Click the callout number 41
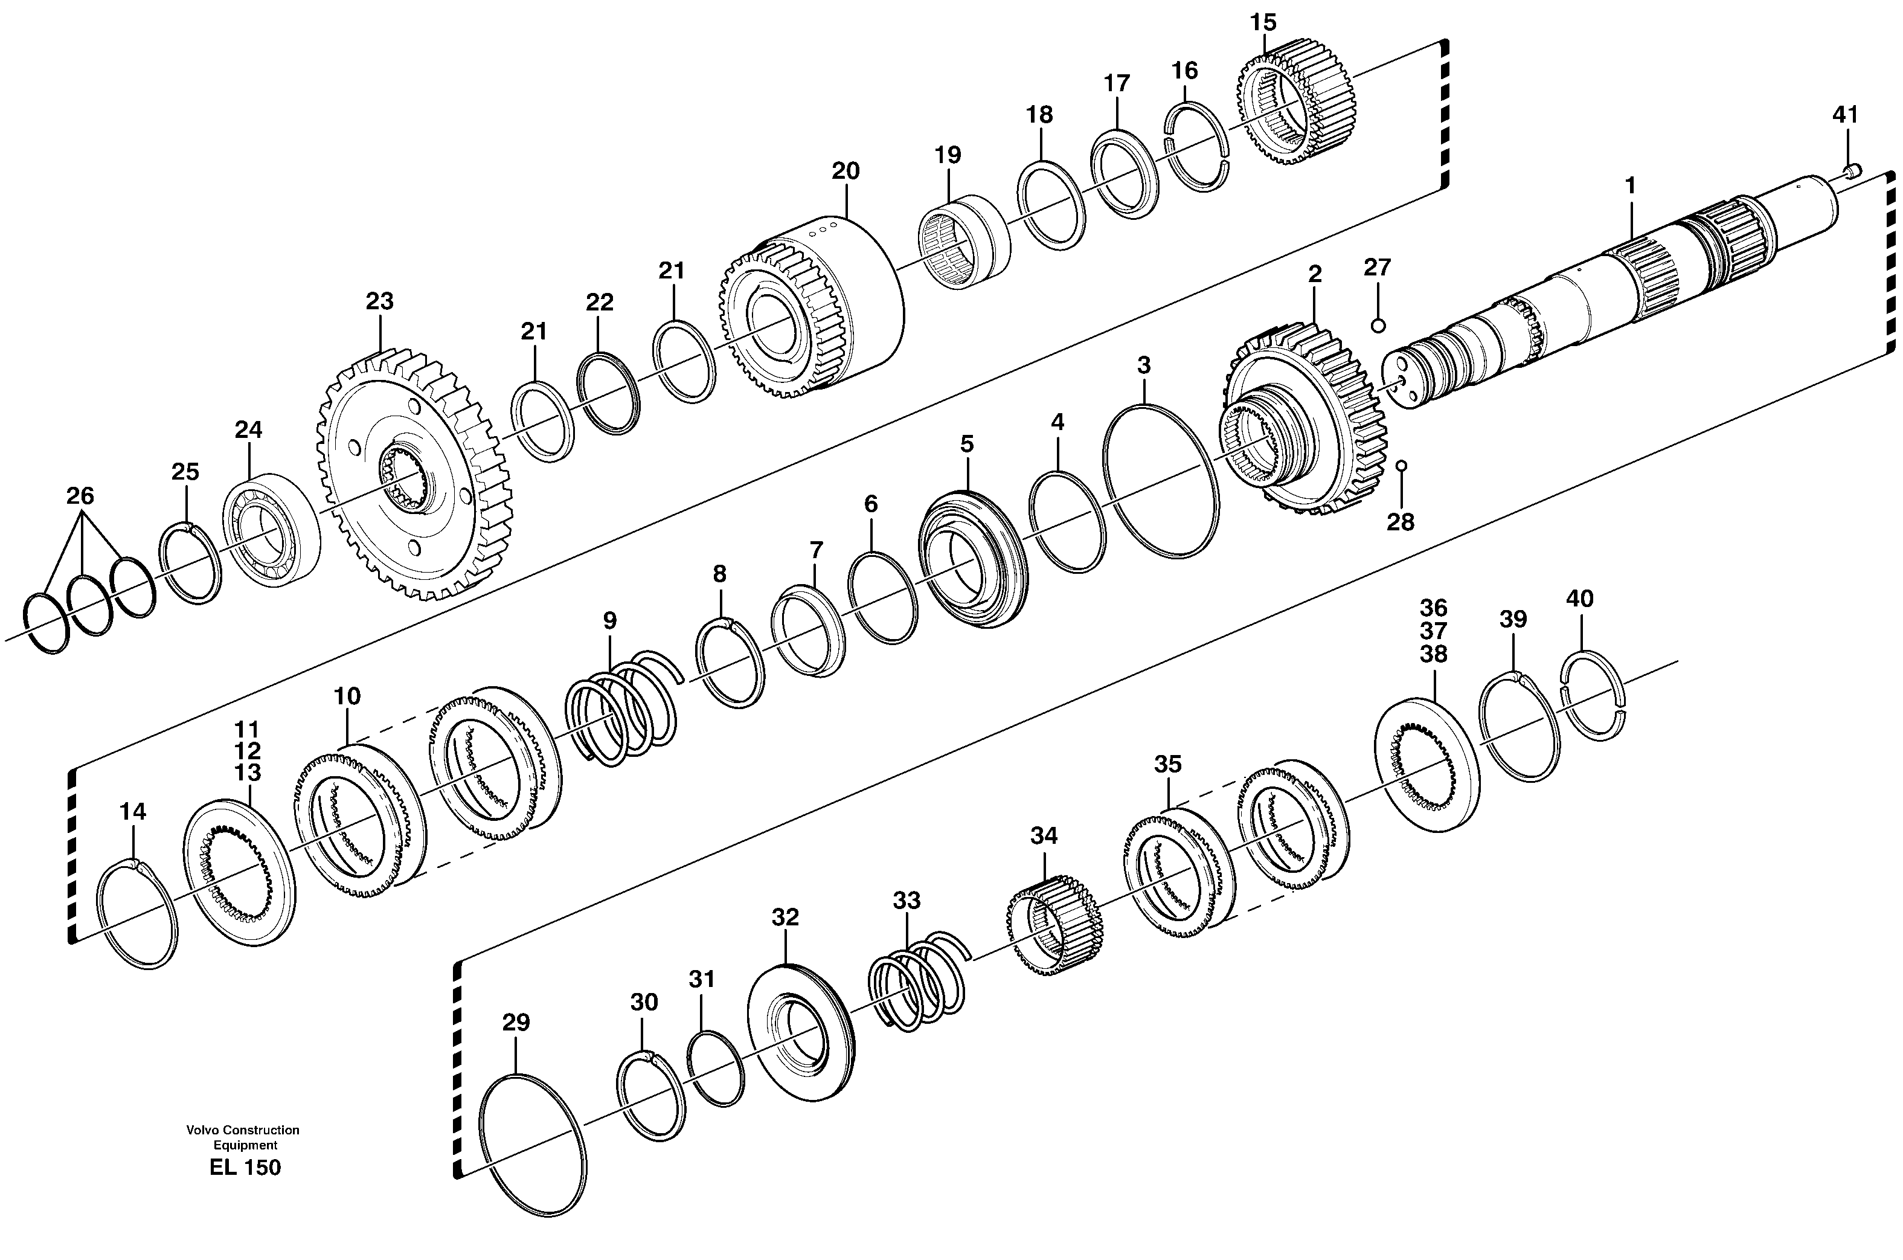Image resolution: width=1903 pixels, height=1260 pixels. pos(1845,115)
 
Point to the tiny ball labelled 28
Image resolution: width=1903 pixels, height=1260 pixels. pos(1401,465)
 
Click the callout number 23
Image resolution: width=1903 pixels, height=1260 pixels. pos(379,301)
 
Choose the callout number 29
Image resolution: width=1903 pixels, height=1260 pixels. pos(516,1023)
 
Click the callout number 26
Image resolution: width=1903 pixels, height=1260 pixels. pos(80,496)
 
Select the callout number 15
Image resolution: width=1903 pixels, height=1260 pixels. pos(1263,22)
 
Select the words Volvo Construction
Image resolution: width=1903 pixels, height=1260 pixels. pos(243,1130)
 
